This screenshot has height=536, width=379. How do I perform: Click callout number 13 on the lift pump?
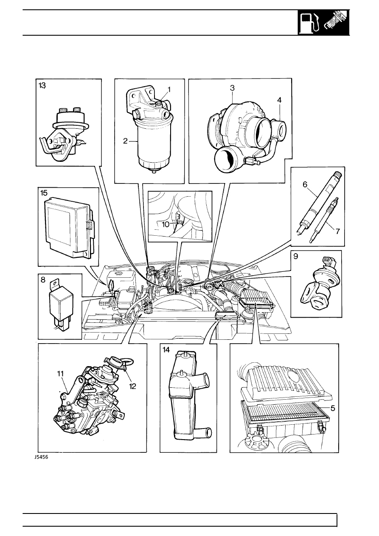42,85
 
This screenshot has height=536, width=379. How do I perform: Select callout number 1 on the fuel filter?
169,89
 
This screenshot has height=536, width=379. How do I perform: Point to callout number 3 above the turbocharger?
232,88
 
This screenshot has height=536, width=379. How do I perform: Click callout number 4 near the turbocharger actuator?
279,100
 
